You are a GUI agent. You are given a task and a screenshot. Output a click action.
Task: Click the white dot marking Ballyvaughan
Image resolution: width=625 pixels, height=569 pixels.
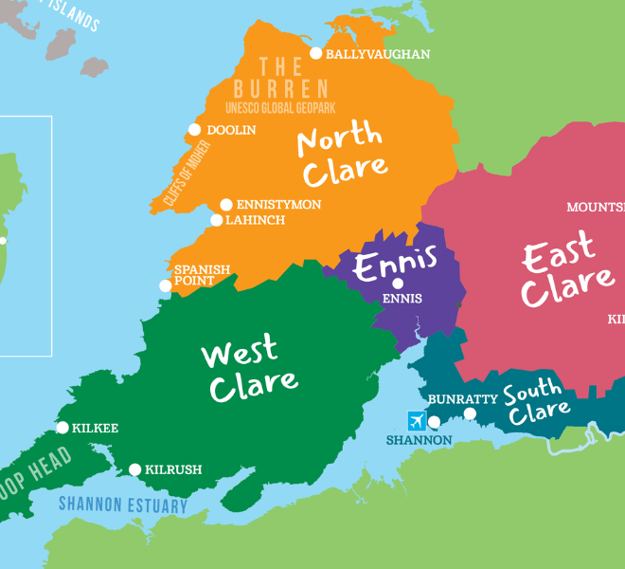click(x=316, y=54)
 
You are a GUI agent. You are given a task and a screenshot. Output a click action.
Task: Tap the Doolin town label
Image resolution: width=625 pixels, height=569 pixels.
click(x=231, y=130)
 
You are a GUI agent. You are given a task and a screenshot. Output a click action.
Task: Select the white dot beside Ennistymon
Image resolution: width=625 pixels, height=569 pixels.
click(x=226, y=205)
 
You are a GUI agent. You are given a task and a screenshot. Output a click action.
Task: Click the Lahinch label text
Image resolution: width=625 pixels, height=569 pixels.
click(x=254, y=220)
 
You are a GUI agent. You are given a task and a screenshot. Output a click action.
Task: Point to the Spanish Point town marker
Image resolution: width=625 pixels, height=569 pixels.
click(x=166, y=285)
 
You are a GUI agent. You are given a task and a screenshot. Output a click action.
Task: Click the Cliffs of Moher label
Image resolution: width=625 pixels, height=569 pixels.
click(x=186, y=173)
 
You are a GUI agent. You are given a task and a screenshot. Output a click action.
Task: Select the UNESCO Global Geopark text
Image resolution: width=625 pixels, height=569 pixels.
click(x=280, y=108)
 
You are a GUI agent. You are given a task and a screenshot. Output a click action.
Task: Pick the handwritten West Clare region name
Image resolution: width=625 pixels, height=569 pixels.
click(x=248, y=369)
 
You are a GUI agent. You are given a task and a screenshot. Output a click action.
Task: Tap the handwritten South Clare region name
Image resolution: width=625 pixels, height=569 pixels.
click(x=536, y=402)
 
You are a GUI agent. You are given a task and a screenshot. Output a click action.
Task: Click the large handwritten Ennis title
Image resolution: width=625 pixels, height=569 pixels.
click(x=396, y=263)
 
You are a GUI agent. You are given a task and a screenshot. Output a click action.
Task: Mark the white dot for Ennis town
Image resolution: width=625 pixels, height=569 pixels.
click(x=398, y=283)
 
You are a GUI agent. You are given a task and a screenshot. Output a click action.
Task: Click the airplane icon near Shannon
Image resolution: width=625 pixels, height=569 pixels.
click(x=417, y=420)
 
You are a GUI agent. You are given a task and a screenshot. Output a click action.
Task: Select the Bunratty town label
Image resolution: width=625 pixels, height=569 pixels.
click(x=463, y=399)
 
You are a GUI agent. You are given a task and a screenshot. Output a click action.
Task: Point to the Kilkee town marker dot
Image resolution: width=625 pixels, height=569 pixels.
click(x=62, y=428)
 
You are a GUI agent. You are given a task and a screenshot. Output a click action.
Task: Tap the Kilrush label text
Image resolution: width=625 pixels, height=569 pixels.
click(x=173, y=469)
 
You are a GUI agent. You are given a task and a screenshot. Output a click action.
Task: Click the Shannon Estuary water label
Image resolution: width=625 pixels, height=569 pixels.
click(x=123, y=505)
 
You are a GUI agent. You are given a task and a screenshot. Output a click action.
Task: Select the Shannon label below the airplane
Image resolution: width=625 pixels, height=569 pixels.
click(x=419, y=440)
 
